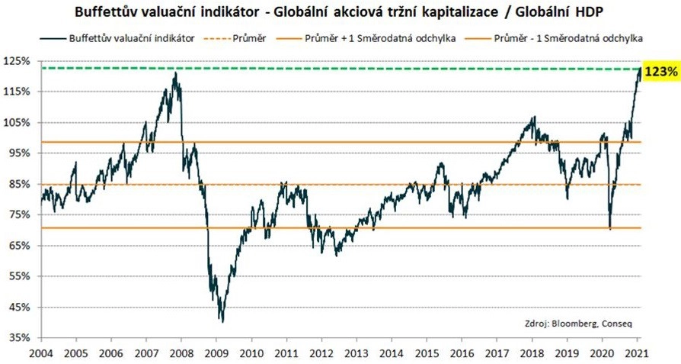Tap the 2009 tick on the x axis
[216, 353]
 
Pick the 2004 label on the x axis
[40, 353]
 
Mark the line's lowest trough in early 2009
[221, 321]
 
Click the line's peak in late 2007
[175, 73]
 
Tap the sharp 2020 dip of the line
[610, 227]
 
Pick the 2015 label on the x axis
[428, 353]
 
